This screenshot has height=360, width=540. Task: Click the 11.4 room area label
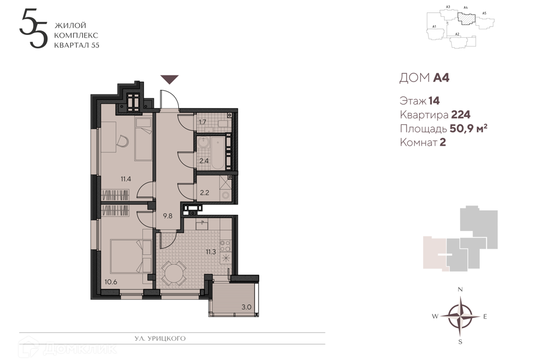pos(125,179)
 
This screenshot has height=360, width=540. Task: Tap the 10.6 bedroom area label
pos(111,282)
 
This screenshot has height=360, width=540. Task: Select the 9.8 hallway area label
pos(168,216)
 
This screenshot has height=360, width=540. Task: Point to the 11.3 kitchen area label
pos(211,252)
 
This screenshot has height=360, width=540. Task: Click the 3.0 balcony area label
pos(246,307)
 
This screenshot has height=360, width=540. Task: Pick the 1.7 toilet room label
pos(202,122)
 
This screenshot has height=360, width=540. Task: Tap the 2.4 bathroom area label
pos(204,160)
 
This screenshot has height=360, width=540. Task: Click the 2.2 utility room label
pos(204,192)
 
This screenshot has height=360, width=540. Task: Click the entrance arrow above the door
pos(170,79)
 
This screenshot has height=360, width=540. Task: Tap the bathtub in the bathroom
pos(217,152)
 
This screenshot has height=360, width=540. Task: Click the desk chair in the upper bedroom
pos(123,141)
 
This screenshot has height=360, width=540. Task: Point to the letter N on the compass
pos(460,289)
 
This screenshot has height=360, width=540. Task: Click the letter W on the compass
pos(435,316)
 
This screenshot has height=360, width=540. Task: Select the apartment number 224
pos(461,115)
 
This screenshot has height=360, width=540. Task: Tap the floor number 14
pos(434,101)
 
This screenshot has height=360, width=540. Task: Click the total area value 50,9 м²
pos(469,128)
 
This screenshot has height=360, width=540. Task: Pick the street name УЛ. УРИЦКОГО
pos(160,338)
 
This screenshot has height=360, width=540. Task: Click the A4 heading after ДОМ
pos(441,78)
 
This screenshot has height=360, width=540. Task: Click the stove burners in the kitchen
pos(225,246)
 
